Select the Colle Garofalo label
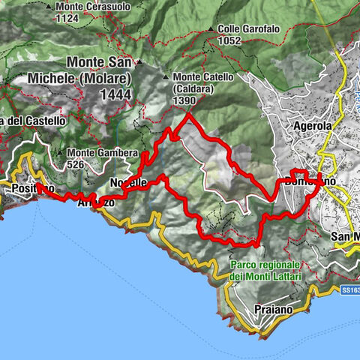pyautogui.click(x=249, y=29)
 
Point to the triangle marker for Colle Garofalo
pyautogui.click(x=212, y=30)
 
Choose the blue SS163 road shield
pyautogui.click(x=350, y=289)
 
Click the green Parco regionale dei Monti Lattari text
pyautogui.click(x=265, y=271)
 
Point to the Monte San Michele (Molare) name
pyautogui.click(x=109, y=70)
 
